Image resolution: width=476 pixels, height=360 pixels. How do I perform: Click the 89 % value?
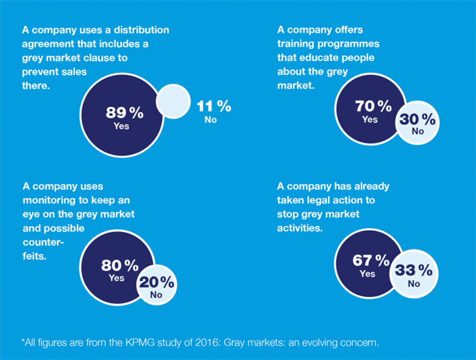(x=124, y=113)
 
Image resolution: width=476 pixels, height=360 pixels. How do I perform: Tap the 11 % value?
(x=214, y=106)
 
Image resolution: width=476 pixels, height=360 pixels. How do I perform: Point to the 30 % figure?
(x=417, y=119)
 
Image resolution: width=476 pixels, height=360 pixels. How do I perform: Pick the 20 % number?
(x=156, y=282)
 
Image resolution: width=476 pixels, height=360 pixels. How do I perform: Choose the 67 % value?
(x=371, y=261)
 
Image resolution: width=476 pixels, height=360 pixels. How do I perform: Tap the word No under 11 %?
(x=211, y=120)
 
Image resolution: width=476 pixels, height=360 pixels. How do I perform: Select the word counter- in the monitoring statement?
(x=44, y=243)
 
